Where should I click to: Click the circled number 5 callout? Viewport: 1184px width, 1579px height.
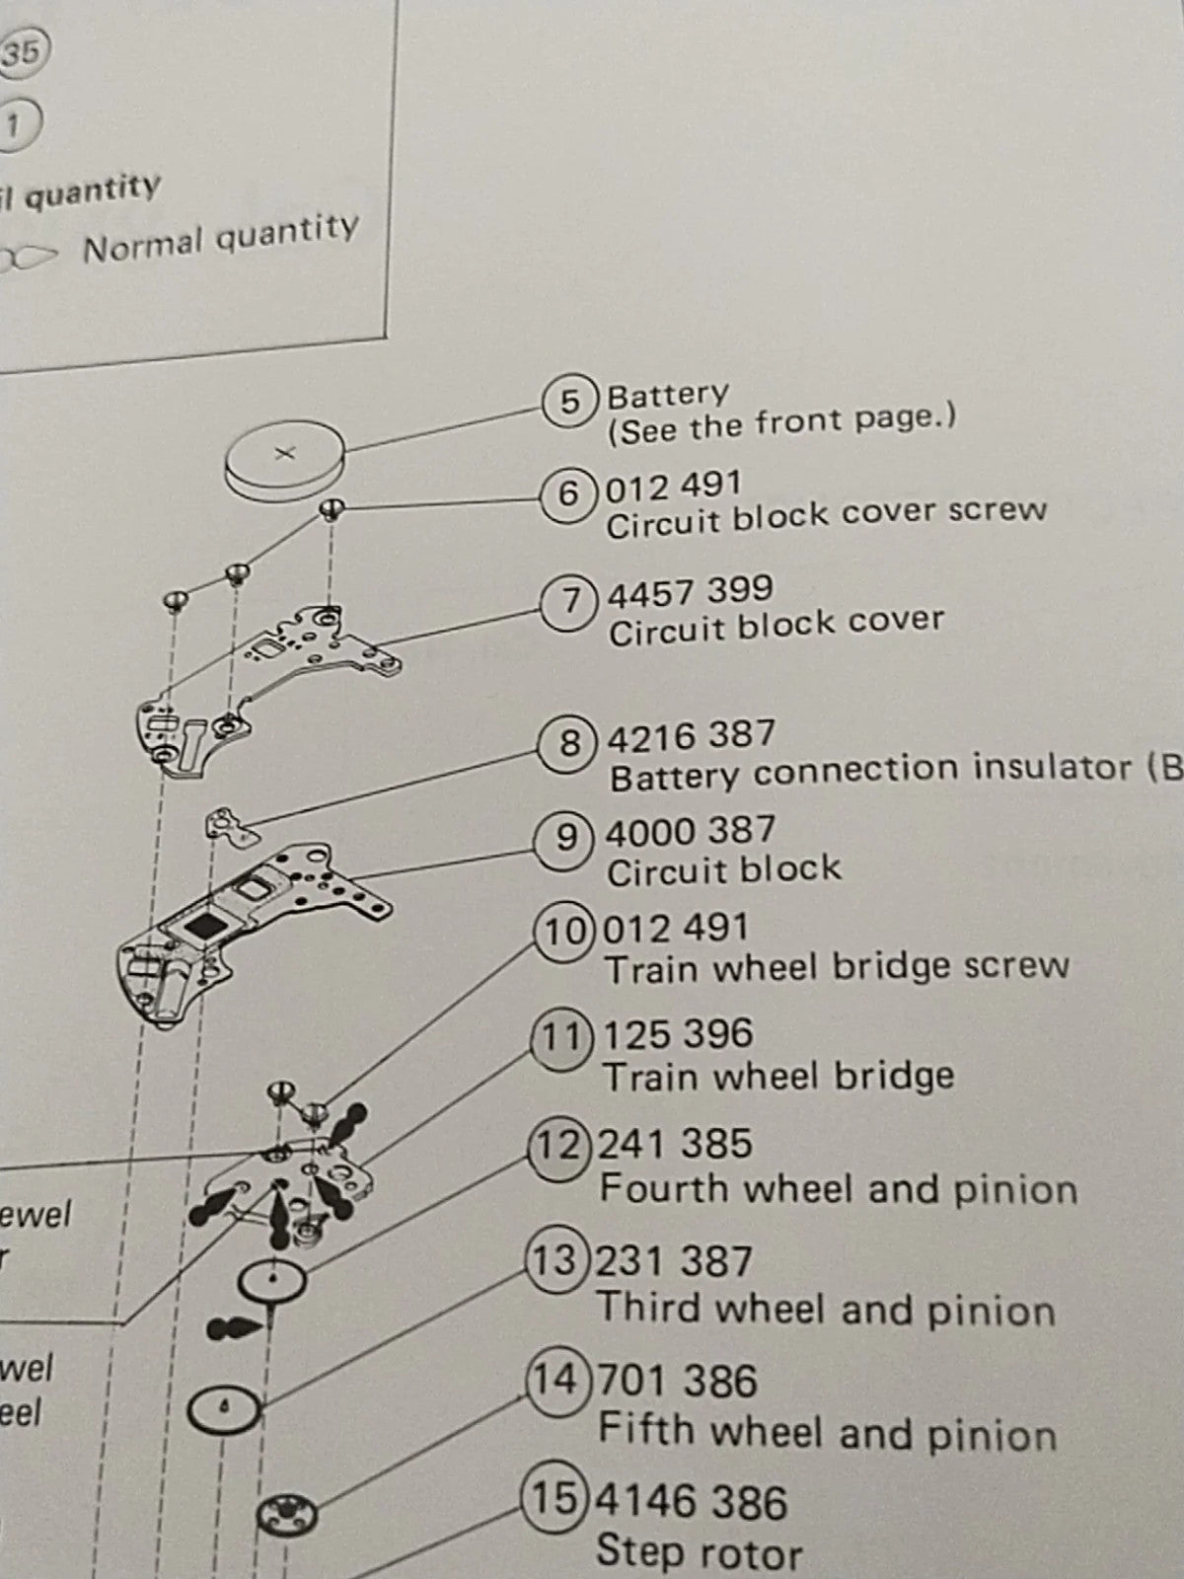point(570,402)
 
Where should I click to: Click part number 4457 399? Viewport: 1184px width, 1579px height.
point(690,592)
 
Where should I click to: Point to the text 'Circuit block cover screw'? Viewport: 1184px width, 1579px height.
point(826,516)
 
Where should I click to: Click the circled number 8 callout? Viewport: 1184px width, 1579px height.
point(569,742)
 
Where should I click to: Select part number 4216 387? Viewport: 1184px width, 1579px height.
point(692,736)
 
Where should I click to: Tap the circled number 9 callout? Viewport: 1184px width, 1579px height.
point(566,838)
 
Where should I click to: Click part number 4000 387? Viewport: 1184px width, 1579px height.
point(690,832)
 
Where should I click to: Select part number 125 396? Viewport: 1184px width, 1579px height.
point(678,1034)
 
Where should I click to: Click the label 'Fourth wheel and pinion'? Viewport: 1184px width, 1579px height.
point(838,1189)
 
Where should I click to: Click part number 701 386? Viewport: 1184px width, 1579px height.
point(678,1381)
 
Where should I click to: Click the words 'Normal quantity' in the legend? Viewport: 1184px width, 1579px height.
point(220,238)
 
